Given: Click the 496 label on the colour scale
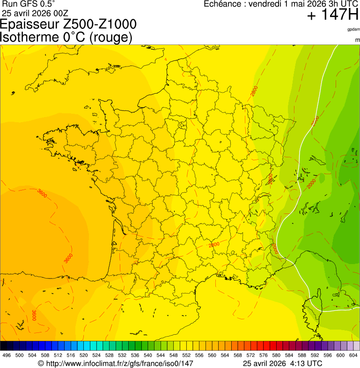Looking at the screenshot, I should point(7,355).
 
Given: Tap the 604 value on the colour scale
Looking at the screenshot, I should point(353,355).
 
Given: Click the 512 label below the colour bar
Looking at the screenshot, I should point(58,355).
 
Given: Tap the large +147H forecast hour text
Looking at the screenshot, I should point(333,15).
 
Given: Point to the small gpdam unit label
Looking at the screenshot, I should point(353,29).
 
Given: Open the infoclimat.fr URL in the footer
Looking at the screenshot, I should point(119,363).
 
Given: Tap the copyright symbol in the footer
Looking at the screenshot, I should point(41,363).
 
